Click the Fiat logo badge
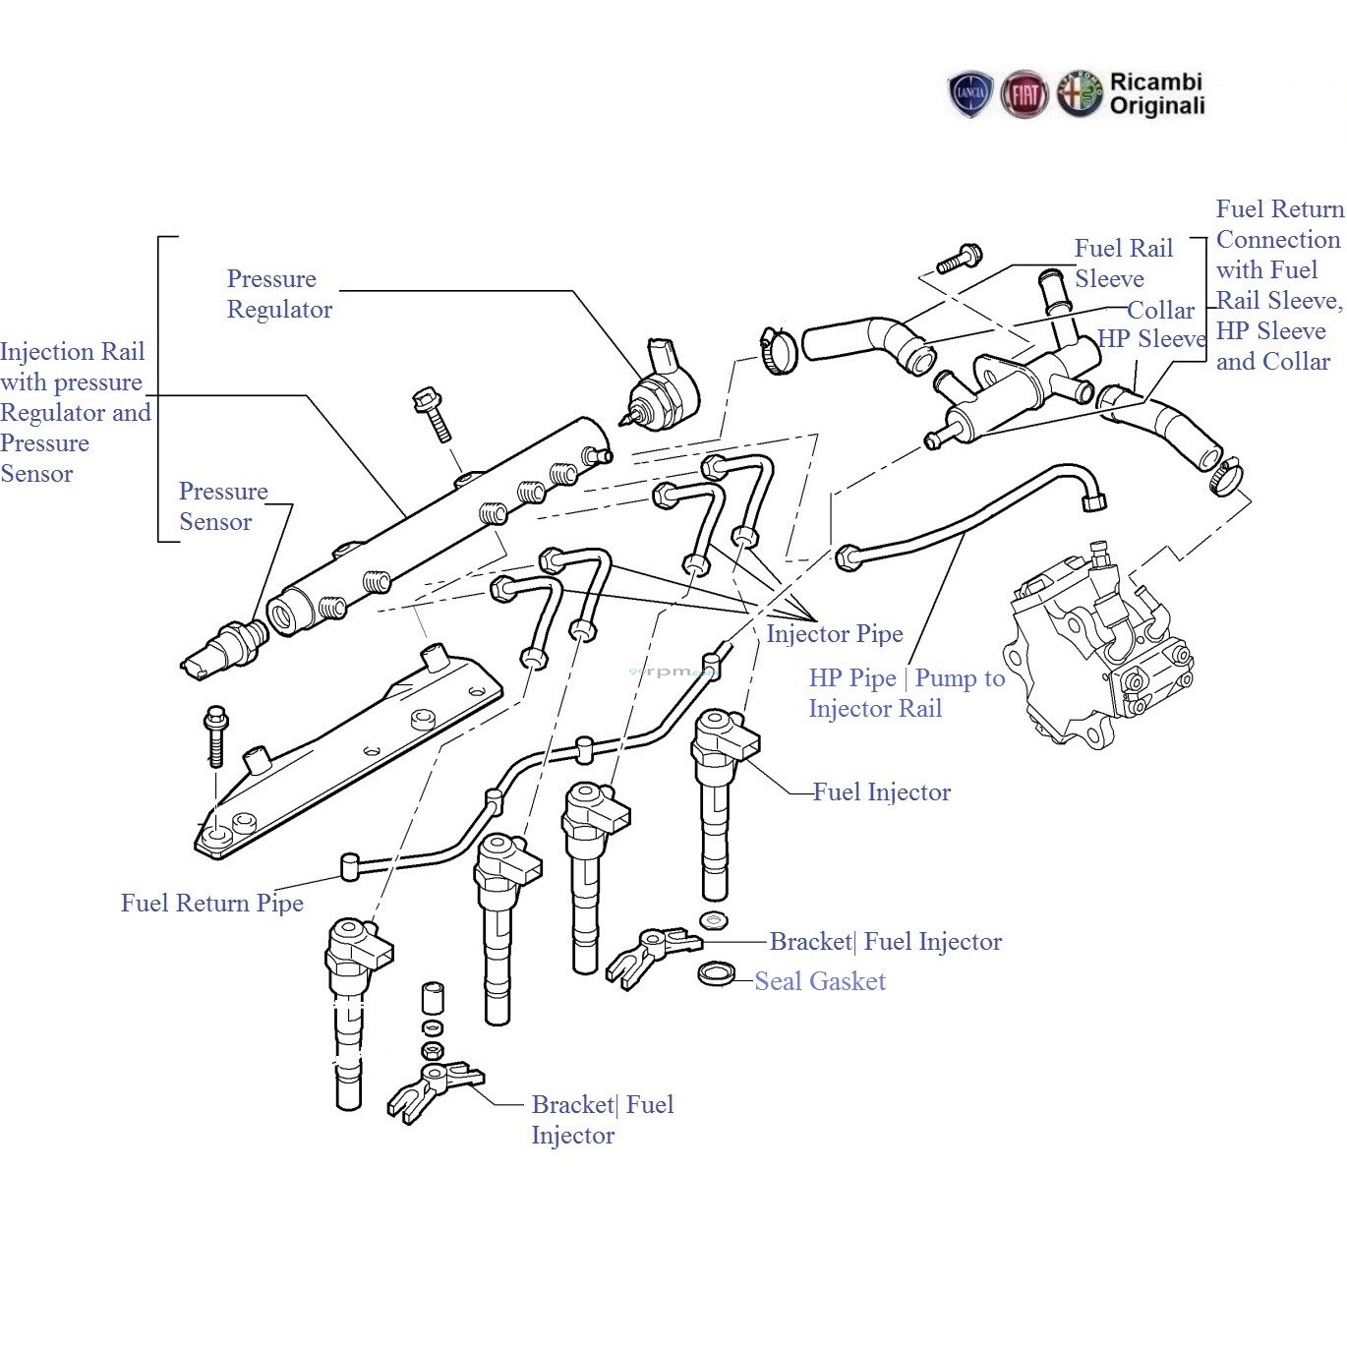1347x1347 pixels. (x=1024, y=95)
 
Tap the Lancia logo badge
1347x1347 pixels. (x=970, y=95)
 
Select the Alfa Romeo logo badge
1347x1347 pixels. (x=1080, y=95)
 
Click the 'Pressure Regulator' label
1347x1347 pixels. (x=279, y=294)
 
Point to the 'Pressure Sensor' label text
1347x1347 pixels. (x=223, y=506)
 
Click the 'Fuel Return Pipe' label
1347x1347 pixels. (x=211, y=904)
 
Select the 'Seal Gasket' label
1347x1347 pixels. (x=820, y=981)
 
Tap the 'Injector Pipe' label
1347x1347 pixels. (x=834, y=634)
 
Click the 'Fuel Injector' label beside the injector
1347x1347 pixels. (x=881, y=792)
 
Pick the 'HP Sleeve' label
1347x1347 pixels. (x=1151, y=339)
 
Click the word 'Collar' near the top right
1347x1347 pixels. (x=1160, y=311)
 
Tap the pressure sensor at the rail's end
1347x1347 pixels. (x=225, y=648)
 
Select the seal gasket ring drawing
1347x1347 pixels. (x=717, y=974)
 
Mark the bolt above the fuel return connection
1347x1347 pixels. (x=959, y=260)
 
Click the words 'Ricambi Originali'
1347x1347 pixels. (x=1156, y=94)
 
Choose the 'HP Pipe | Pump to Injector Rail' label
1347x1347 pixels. (x=906, y=693)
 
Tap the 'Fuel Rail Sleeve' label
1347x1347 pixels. (x=1123, y=264)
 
